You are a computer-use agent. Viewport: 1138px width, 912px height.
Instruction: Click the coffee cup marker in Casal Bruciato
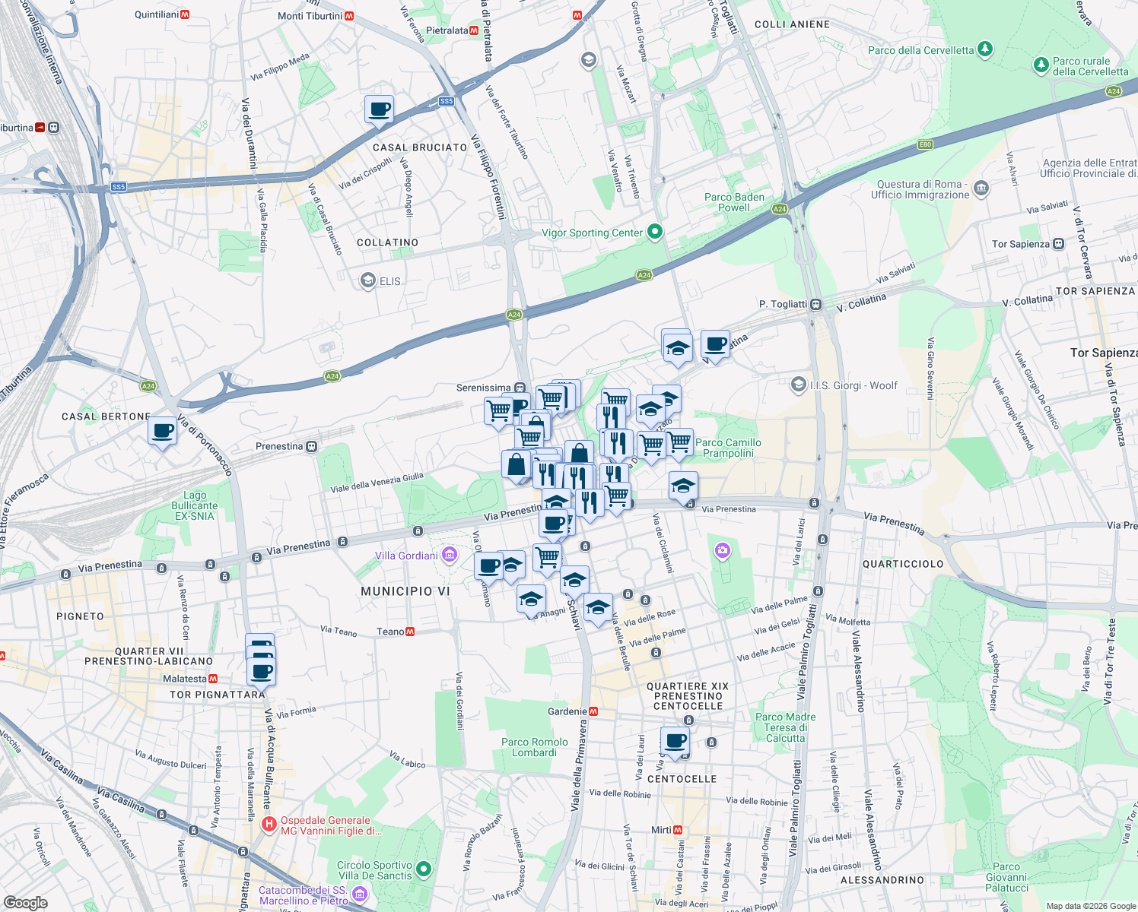click(x=379, y=109)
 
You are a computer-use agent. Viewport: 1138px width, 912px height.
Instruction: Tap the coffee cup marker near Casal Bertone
click(x=162, y=432)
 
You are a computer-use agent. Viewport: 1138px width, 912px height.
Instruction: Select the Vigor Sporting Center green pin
click(x=654, y=233)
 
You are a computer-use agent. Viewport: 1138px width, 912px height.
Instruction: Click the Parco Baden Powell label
click(x=734, y=202)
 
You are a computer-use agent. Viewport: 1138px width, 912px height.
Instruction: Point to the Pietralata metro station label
click(x=452, y=30)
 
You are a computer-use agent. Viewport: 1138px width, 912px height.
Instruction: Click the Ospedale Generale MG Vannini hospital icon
click(x=269, y=825)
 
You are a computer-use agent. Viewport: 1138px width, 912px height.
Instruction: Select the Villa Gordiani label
click(x=406, y=556)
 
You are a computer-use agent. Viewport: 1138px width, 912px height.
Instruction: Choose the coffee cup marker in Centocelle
click(x=675, y=740)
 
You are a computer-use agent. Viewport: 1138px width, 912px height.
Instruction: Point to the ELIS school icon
click(x=368, y=281)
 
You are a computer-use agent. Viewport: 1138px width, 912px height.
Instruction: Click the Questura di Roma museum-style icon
click(x=981, y=188)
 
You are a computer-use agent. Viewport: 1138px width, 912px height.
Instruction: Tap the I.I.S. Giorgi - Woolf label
click(x=853, y=385)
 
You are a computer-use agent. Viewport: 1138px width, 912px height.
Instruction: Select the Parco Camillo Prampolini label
click(x=728, y=448)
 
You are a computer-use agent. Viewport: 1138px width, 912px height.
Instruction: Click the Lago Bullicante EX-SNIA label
click(x=195, y=505)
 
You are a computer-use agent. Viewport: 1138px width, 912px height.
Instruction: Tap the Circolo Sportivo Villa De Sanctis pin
click(x=424, y=869)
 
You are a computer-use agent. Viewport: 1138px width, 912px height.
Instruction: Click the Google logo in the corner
click(x=26, y=902)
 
